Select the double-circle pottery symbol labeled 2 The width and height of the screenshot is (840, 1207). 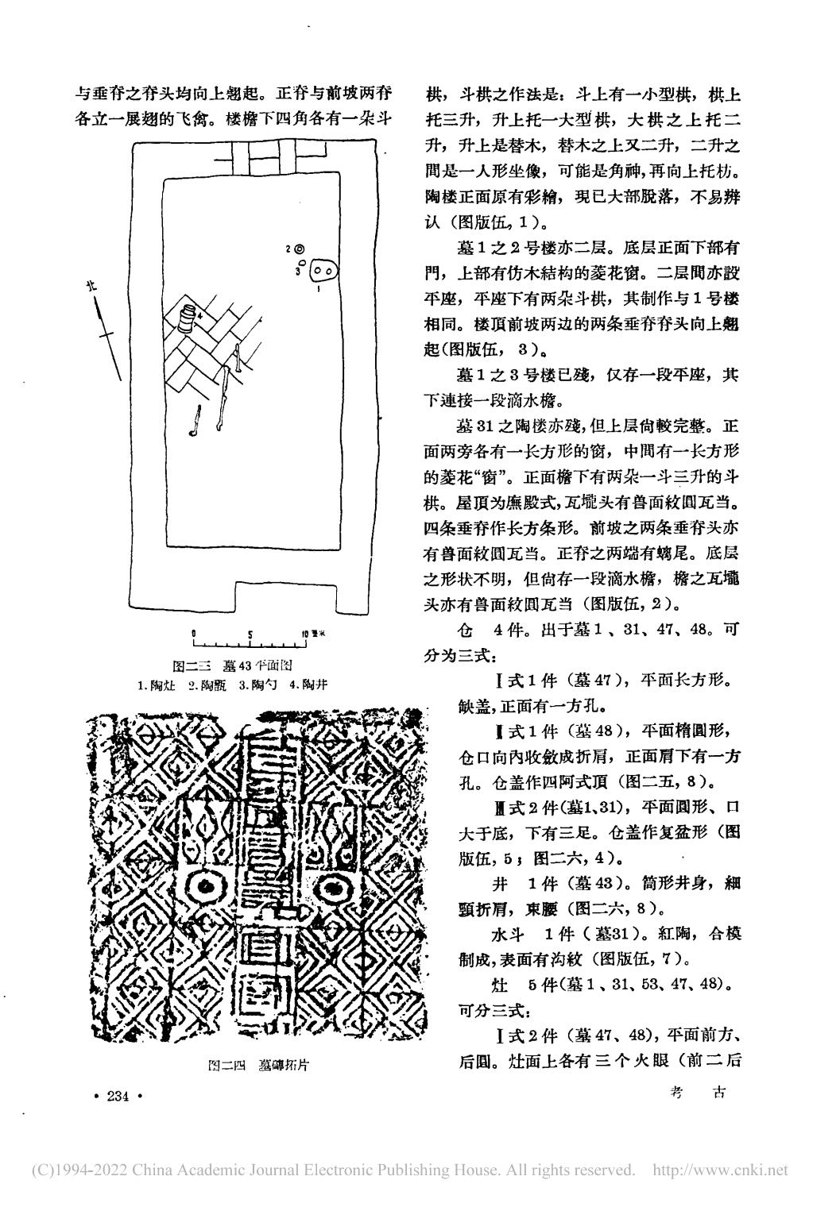(300, 249)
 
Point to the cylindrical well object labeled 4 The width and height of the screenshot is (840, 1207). (187, 317)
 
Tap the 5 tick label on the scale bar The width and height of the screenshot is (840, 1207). (250, 634)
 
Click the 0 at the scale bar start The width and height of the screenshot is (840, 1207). (193, 634)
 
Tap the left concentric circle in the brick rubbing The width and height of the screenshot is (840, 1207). (206, 886)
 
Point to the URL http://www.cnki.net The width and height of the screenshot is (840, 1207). (719, 1170)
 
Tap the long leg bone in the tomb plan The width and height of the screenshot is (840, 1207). (225, 397)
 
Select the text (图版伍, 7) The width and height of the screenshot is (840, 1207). (642, 958)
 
